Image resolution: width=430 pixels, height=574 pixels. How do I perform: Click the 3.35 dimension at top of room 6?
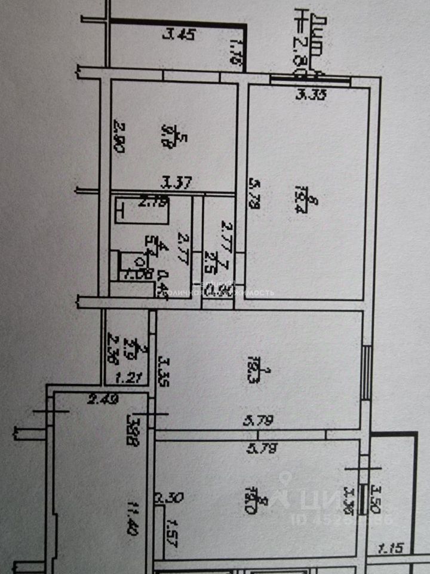311,94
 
